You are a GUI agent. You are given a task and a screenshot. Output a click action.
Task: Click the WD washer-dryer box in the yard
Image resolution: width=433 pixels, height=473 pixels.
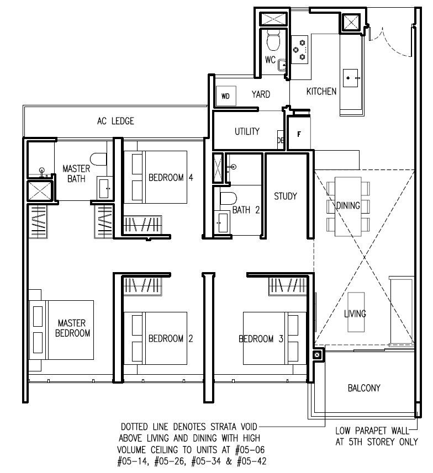click(x=226, y=95)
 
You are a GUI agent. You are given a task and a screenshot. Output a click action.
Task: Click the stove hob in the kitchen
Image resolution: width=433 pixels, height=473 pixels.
click(x=299, y=50)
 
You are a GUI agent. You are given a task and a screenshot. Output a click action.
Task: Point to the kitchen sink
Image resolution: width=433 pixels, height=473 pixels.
click(x=351, y=78)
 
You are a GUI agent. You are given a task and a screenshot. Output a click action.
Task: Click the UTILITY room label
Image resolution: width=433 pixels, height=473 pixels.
click(x=247, y=131)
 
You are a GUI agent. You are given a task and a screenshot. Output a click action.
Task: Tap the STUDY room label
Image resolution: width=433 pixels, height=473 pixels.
click(x=286, y=196)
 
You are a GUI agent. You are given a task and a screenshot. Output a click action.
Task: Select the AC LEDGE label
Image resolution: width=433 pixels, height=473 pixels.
click(x=115, y=121)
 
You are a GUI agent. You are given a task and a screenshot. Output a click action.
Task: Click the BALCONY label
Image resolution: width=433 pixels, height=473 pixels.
click(x=364, y=387)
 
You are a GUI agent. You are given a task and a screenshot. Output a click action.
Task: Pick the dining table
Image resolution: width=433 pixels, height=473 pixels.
click(x=348, y=206)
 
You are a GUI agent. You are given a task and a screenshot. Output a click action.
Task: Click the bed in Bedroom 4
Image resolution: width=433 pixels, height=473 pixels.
click(x=156, y=177)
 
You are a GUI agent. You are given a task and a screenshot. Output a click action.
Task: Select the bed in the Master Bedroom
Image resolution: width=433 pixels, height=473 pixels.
click(x=61, y=329)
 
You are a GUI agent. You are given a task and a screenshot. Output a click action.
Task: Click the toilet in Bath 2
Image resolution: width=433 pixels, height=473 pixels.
click(x=228, y=198)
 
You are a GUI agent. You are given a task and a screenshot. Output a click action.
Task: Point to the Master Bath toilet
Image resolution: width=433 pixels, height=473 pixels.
click(x=98, y=159)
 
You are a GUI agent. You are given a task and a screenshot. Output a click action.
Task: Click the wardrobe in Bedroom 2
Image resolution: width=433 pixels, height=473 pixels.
click(x=143, y=286)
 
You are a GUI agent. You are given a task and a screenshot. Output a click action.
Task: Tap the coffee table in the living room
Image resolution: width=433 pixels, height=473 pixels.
click(x=356, y=312)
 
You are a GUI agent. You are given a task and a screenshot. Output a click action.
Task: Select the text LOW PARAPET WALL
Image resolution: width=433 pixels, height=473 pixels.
click(x=372, y=431)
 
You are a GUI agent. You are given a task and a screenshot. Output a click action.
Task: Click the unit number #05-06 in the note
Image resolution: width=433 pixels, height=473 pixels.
click(x=250, y=450)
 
